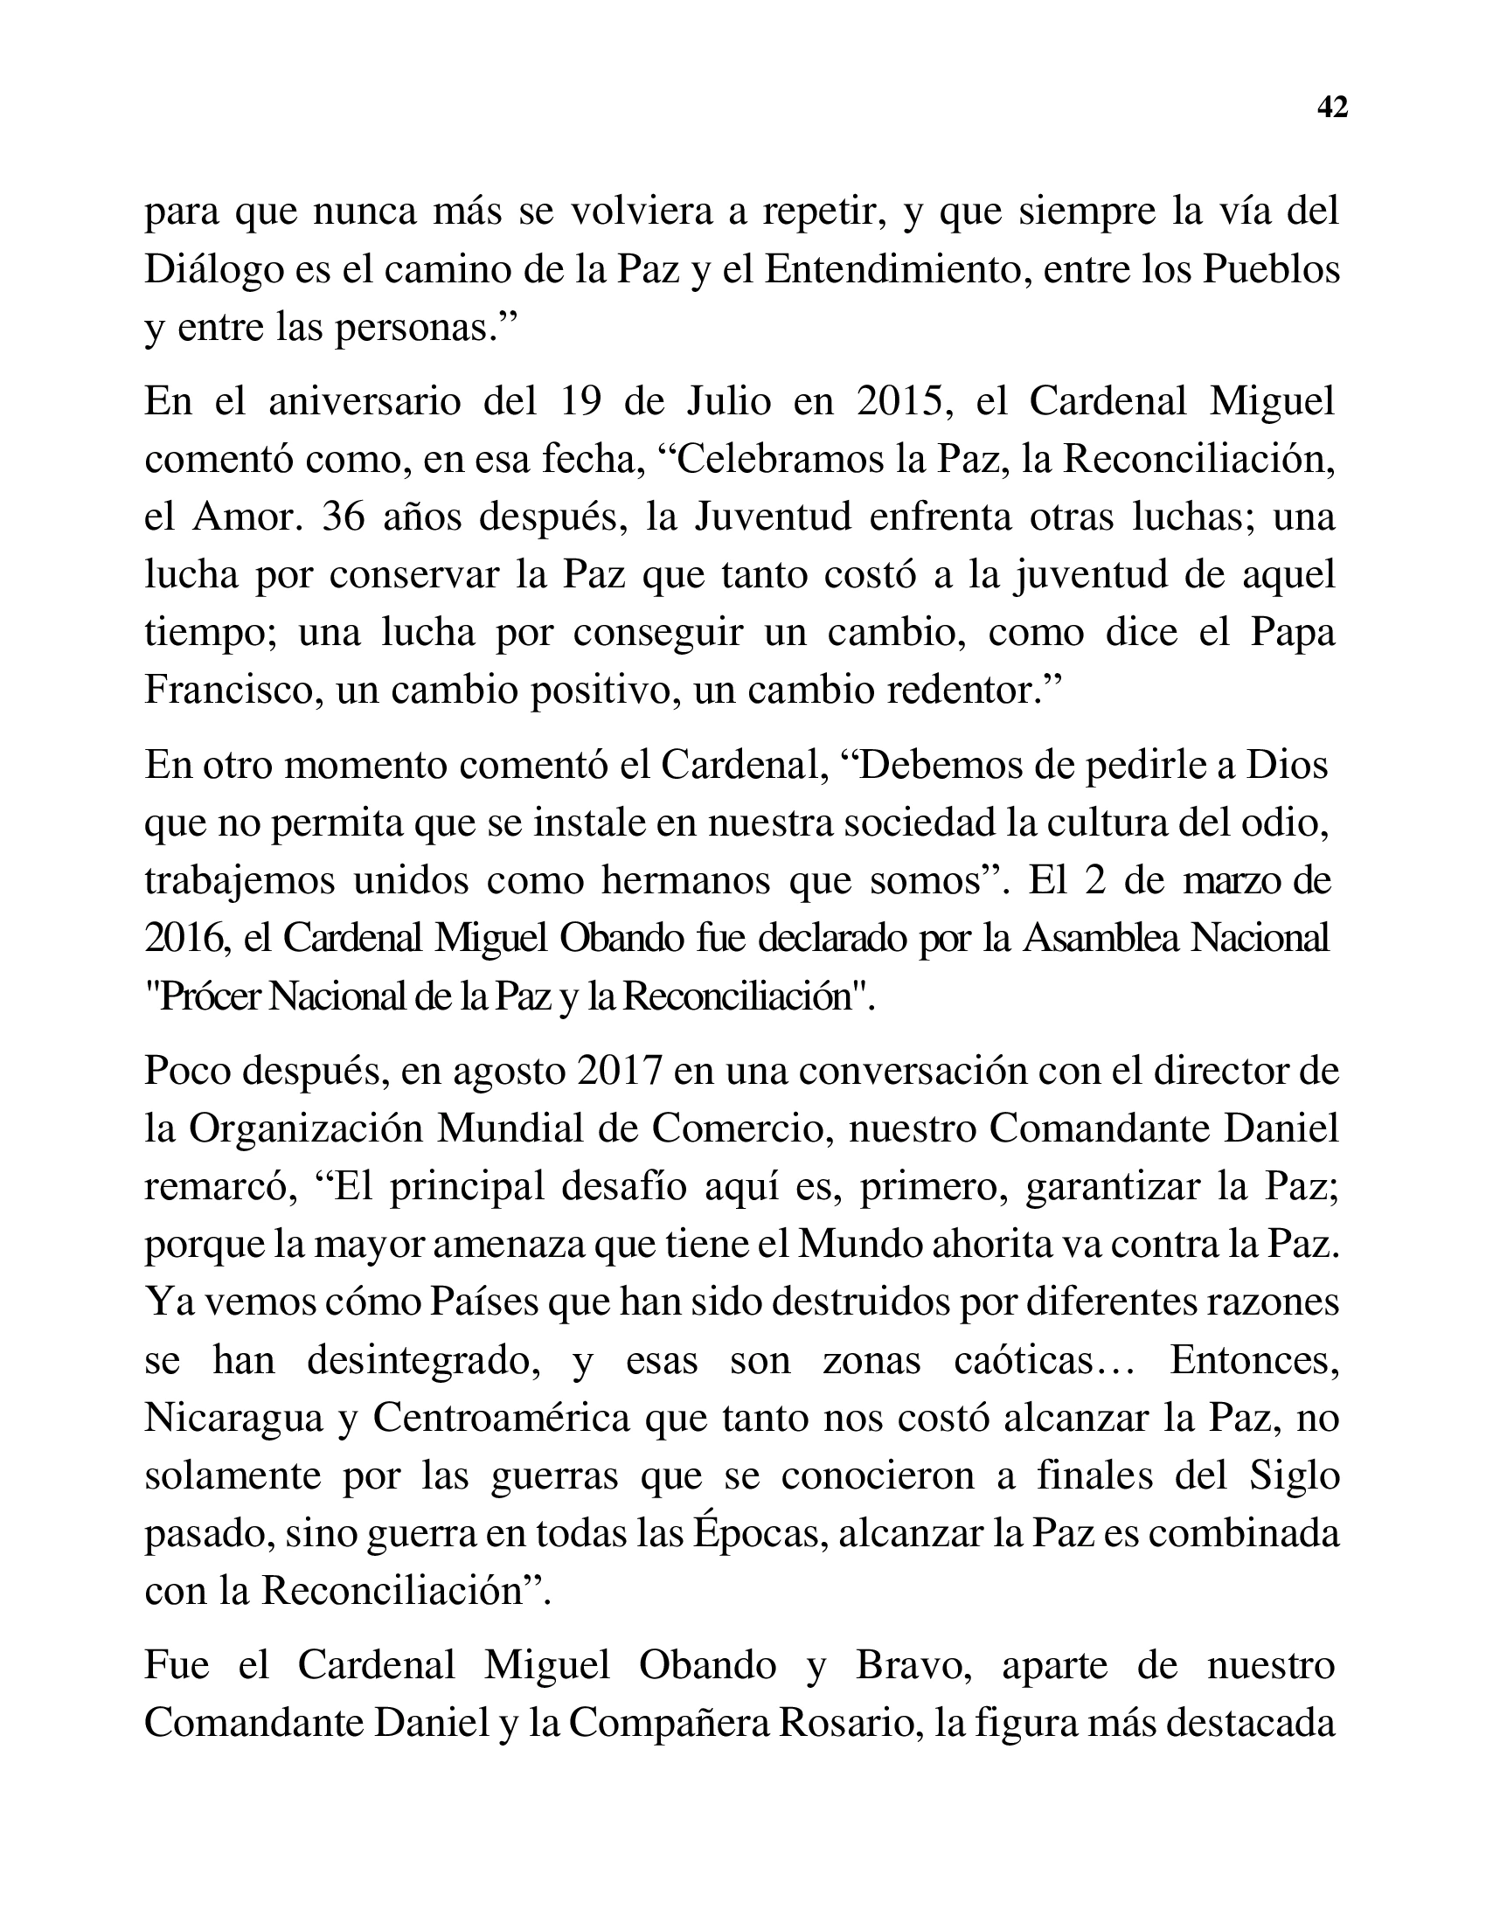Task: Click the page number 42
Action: click(x=1332, y=108)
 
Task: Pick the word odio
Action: click(x=1286, y=823)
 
